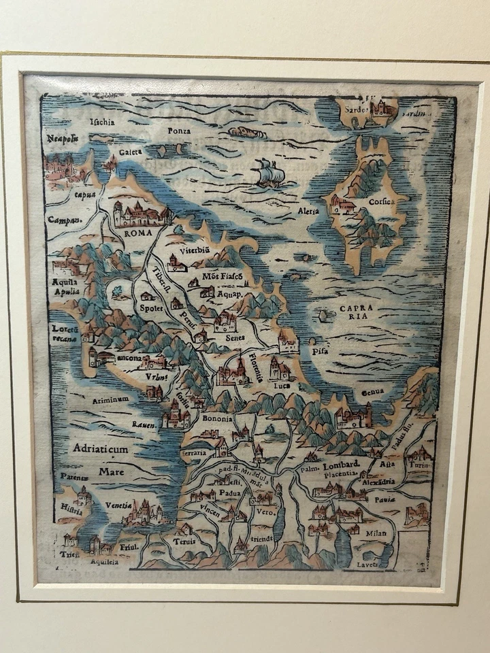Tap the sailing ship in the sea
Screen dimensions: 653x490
pos(269,173)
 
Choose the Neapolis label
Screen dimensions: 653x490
pos(63,139)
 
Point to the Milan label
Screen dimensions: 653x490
pos(376,533)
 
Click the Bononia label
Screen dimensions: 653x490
pos(217,418)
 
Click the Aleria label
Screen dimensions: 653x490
pos(308,212)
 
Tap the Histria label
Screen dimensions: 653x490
pos(71,507)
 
